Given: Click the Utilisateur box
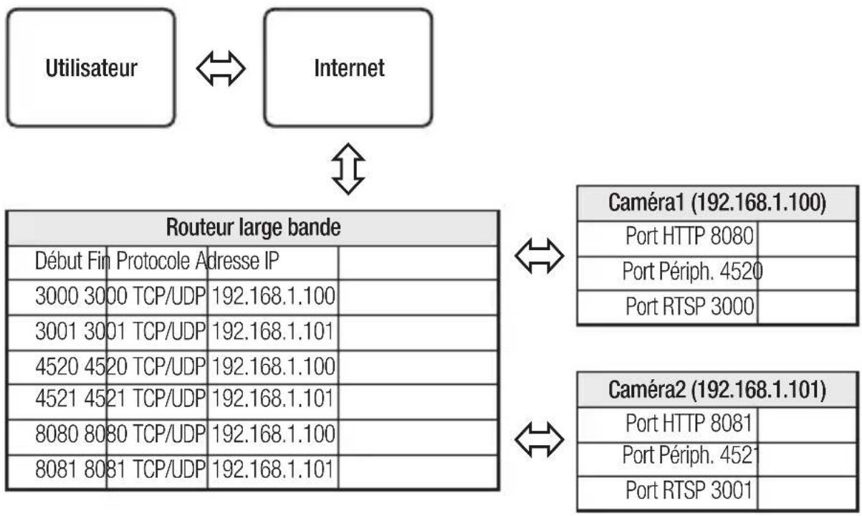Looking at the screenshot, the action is (91, 67).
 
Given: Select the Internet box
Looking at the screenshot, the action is (348, 67).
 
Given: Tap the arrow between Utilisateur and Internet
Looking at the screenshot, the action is (221, 69).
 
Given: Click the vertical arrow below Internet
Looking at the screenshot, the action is (348, 169).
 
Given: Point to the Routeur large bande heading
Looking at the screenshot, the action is (253, 227).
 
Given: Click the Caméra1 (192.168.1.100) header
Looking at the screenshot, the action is (717, 203).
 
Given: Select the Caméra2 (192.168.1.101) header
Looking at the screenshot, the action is (717, 389).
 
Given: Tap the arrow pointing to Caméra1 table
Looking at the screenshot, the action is (540, 256).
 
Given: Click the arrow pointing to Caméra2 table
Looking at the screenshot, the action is (540, 439).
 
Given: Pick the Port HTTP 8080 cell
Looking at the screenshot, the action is (689, 236).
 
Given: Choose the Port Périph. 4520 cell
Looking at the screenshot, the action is (693, 271).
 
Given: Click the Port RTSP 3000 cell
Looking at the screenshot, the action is (689, 306).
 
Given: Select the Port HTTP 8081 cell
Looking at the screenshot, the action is (689, 423).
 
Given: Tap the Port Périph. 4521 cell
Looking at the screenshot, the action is (689, 455).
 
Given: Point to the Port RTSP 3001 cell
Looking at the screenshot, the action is (689, 489).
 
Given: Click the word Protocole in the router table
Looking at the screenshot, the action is (153, 261).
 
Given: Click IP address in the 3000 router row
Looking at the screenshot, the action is (273, 296).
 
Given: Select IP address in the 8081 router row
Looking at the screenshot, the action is (272, 469).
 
